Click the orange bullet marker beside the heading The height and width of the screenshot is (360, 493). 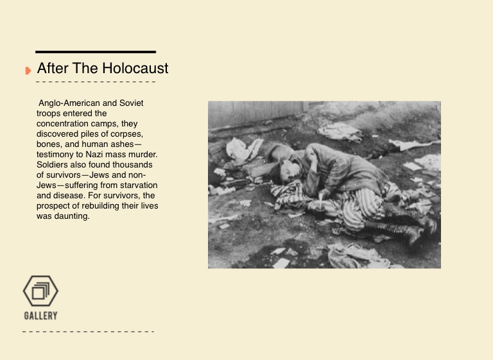click(x=28, y=70)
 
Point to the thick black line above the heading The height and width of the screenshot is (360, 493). click(x=96, y=51)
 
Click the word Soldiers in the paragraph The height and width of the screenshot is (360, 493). click(x=53, y=164)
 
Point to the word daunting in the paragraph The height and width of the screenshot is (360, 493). click(x=72, y=216)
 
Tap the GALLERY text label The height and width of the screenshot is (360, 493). click(x=40, y=316)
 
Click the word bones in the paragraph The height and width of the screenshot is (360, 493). click(x=50, y=144)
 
